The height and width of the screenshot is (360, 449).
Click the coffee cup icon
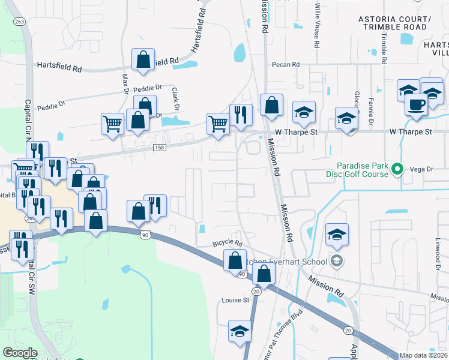(x=415, y=104)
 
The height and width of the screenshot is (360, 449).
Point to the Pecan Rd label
(x=285, y=65)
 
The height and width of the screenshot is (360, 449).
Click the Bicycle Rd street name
(x=228, y=244)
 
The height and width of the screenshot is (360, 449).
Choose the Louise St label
(x=235, y=300)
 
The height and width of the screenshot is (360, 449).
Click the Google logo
(x=20, y=353)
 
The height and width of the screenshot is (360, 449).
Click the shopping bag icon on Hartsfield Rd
(x=143, y=59)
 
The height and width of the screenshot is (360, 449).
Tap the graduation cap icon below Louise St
(x=240, y=331)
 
